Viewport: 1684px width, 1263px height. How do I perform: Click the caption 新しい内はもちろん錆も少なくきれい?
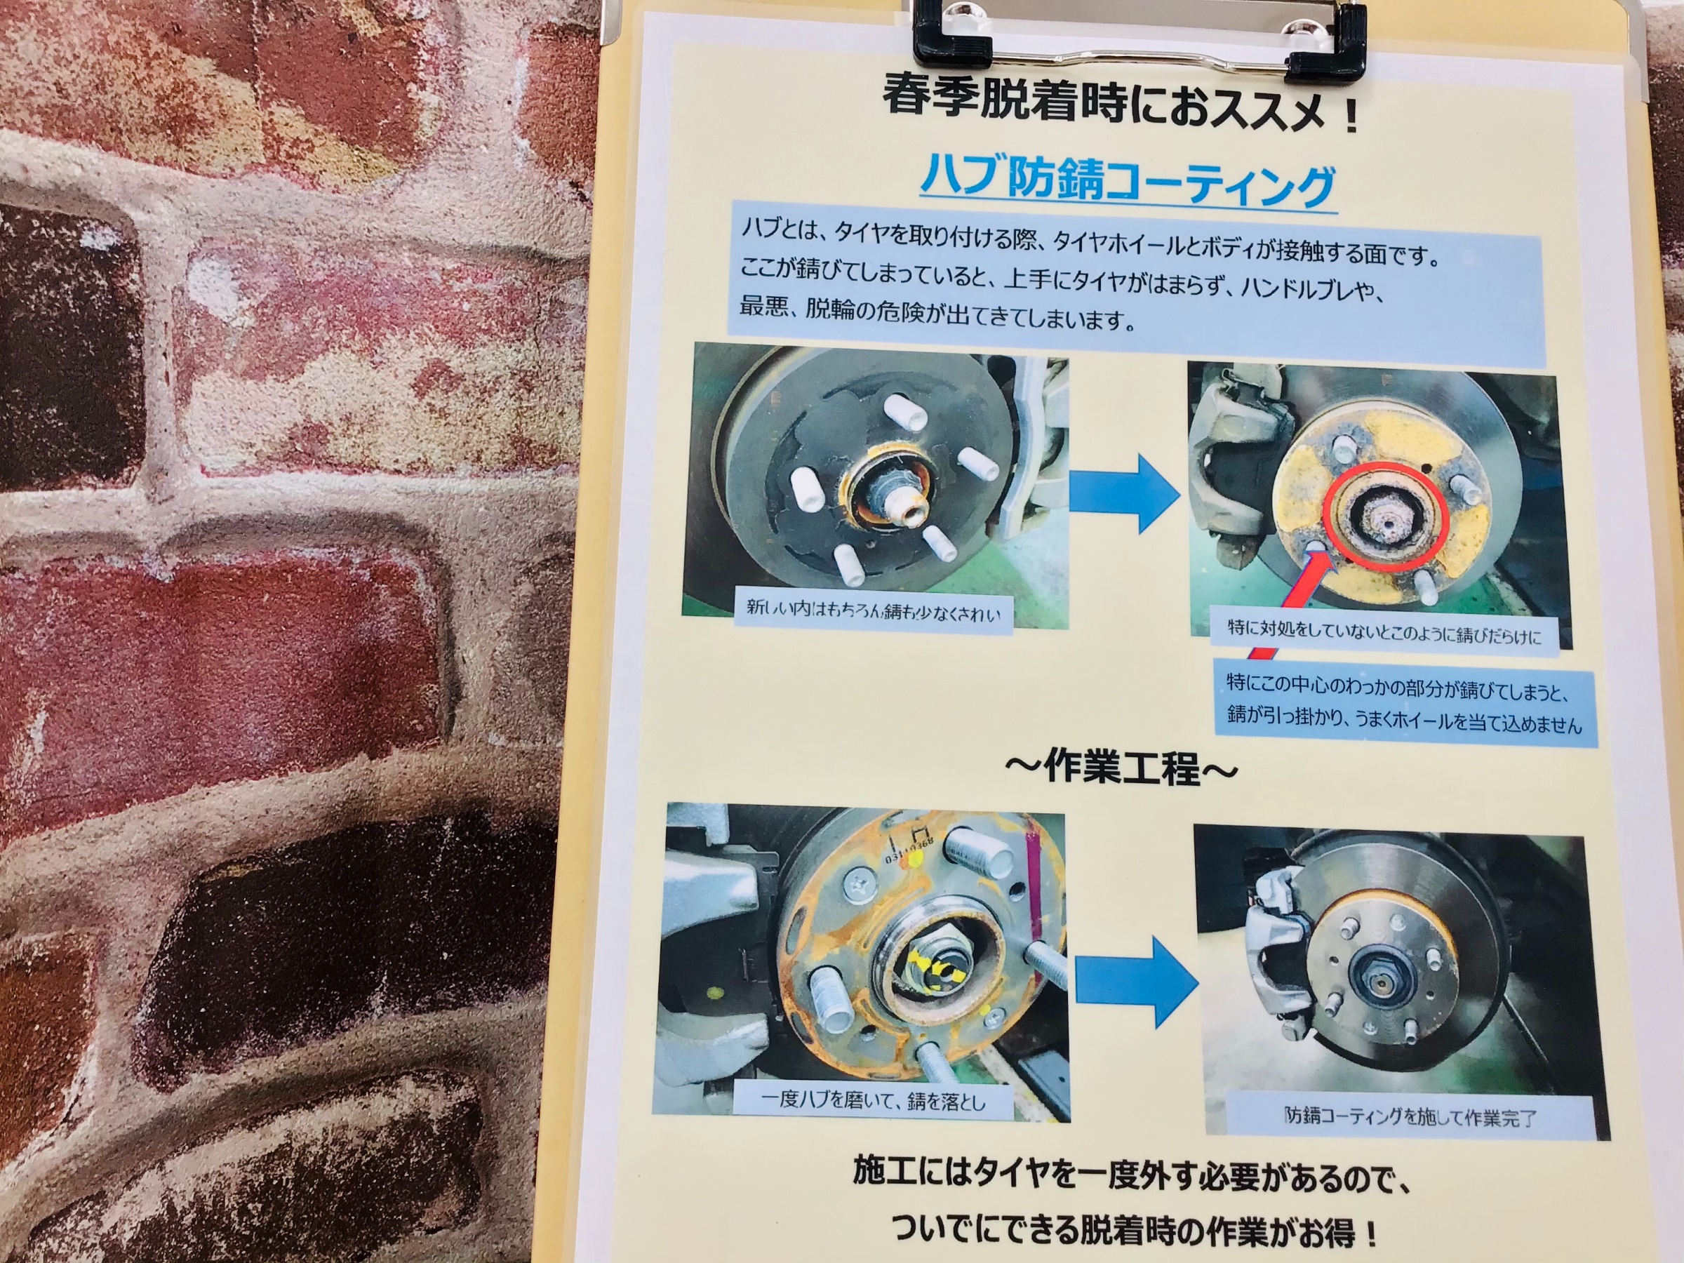(x=873, y=610)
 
